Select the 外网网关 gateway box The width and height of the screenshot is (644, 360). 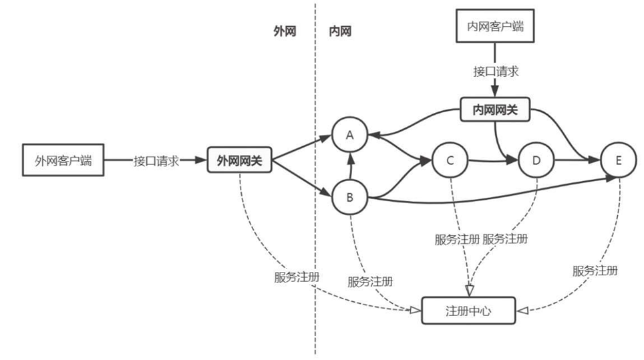pos(239,160)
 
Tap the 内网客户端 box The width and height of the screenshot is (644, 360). pos(494,26)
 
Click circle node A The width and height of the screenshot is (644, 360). pos(349,135)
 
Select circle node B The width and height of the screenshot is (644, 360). pos(349,197)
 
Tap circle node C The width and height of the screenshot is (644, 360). pos(449,160)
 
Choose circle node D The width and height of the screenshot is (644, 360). pos(536,160)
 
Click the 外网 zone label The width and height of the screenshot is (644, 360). pos(285,31)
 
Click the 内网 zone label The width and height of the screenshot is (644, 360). pos(340,31)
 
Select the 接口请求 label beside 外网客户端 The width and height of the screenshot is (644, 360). pos(156,160)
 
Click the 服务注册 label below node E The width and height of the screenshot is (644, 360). pos(595,271)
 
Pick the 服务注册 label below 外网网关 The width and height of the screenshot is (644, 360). pos(296,277)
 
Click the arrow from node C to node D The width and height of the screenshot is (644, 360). pos(493,160)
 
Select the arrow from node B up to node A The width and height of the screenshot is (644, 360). pos(349,166)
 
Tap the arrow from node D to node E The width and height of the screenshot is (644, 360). pos(577,160)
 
